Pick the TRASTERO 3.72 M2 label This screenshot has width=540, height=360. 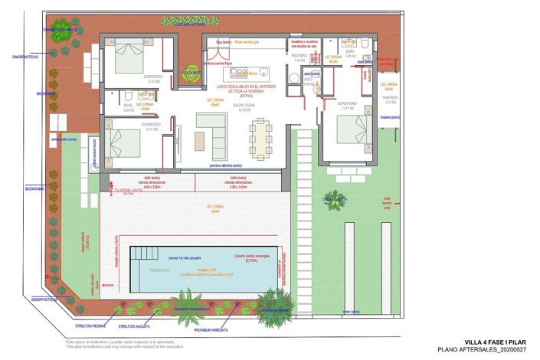(x=390, y=100)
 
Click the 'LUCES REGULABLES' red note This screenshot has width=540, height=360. (x=245, y=90)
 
